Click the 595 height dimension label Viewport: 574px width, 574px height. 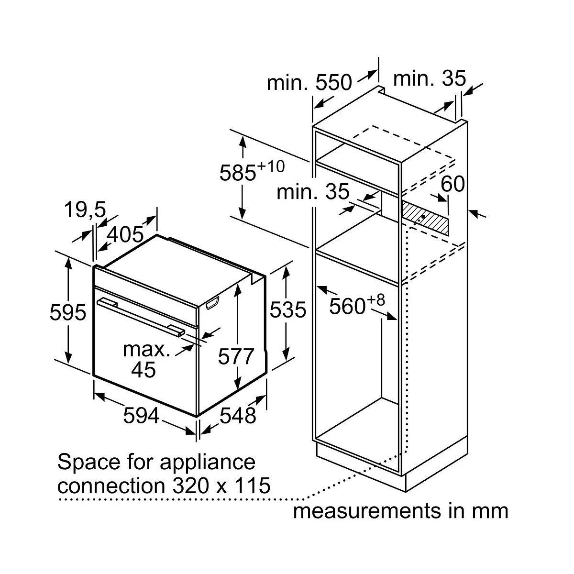pos(68,312)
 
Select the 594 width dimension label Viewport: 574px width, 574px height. pos(141,415)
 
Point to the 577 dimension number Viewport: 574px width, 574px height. pos(236,356)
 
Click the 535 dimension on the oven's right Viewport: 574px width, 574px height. pos(288,309)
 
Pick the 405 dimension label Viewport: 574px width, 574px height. pos(125,234)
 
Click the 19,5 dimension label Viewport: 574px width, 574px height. pos(85,210)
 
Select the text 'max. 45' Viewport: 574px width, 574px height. pos(146,360)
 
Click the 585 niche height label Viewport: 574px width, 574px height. pos(238,172)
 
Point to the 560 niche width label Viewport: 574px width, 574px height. pos(347,306)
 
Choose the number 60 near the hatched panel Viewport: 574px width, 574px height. pos(453,184)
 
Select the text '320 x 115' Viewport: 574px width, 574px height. pos(221,485)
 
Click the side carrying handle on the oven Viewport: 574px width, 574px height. pos(212,303)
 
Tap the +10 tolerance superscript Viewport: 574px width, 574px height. pos(271,166)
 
